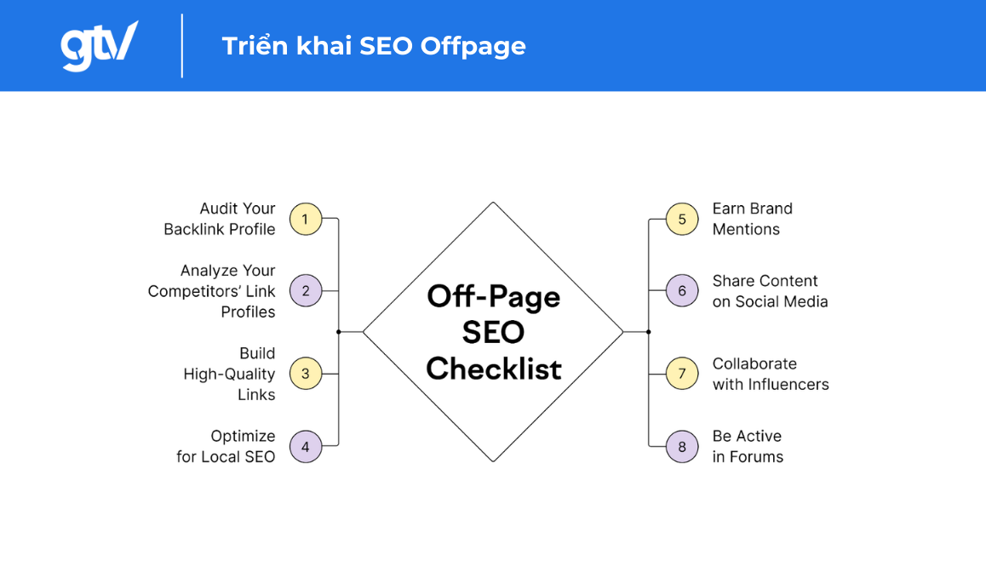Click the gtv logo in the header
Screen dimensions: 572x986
[x=98, y=45]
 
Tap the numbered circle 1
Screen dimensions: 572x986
[x=306, y=219]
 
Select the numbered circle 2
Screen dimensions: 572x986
[x=306, y=291]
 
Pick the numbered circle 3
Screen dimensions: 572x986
[x=306, y=374]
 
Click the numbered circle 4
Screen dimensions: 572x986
[x=306, y=446]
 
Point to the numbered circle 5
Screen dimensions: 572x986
[x=682, y=219]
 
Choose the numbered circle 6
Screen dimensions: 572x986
[x=682, y=291]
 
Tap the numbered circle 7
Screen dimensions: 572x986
[x=682, y=374]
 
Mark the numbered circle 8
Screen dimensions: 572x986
[x=682, y=446]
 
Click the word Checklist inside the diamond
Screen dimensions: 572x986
[x=494, y=369]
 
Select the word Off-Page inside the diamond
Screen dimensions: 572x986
[x=494, y=296]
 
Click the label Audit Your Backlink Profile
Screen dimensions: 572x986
[x=220, y=219]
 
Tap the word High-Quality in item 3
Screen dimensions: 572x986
[x=230, y=374]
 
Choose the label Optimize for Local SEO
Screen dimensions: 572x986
[x=226, y=446]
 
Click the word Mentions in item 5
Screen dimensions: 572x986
[x=746, y=229]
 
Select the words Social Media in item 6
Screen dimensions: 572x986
[x=782, y=301]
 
